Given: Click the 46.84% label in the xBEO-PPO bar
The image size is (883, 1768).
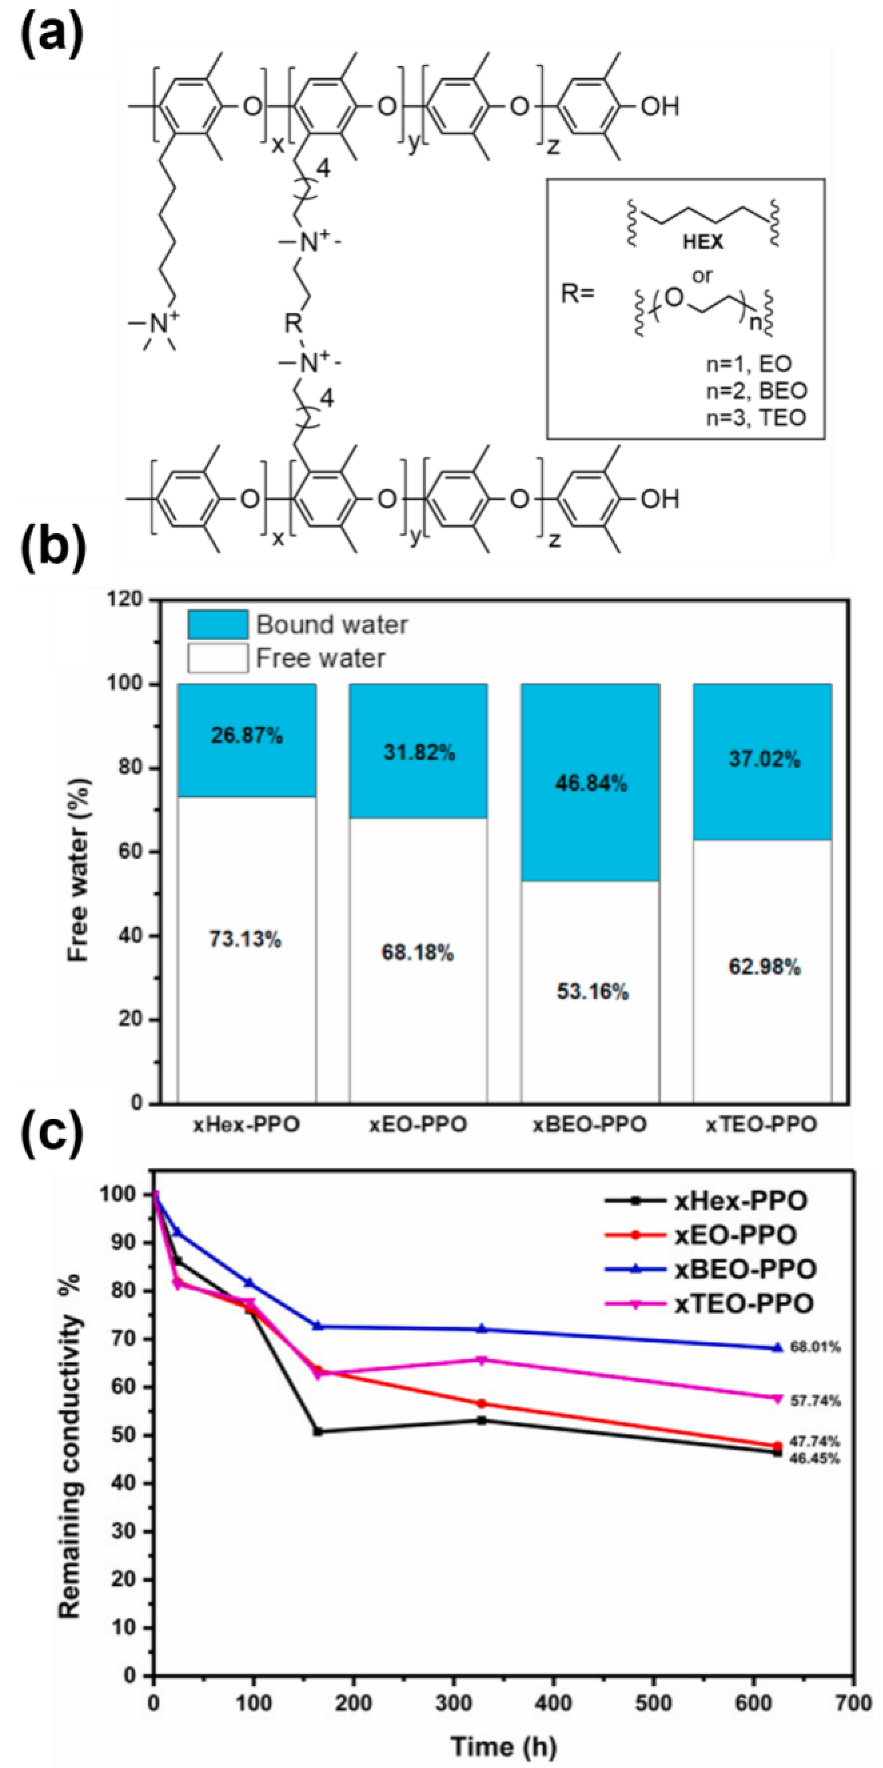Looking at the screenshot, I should coord(591,783).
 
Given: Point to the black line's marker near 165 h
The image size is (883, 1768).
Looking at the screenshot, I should coord(317,1431).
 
